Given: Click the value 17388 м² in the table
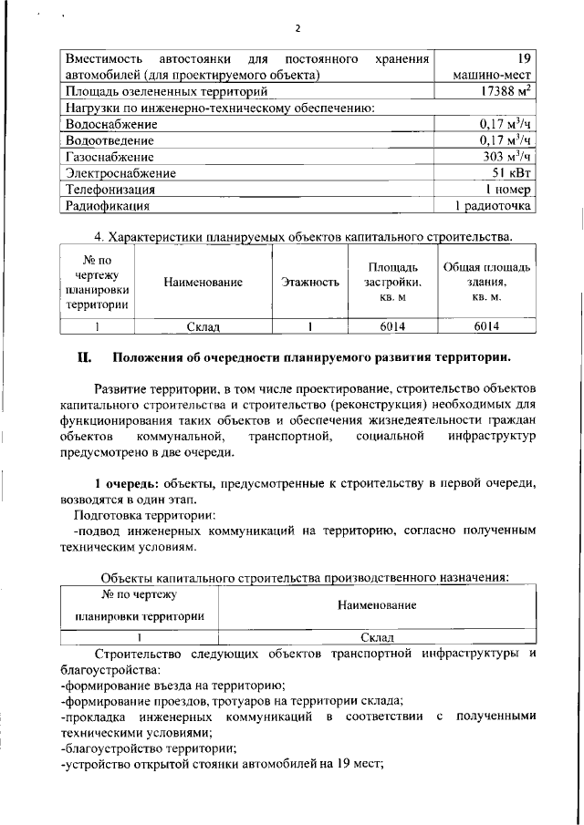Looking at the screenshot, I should tap(496, 91).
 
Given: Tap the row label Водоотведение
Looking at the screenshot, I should tap(109, 140).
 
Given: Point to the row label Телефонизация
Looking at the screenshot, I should tap(109, 190).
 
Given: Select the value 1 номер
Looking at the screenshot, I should tap(507, 190).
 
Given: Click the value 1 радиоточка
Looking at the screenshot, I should tap(494, 206).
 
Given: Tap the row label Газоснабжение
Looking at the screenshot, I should tap(108, 157).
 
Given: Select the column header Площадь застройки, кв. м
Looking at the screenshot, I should tap(393, 283).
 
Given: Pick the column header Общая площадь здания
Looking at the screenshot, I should tap(486, 283).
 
